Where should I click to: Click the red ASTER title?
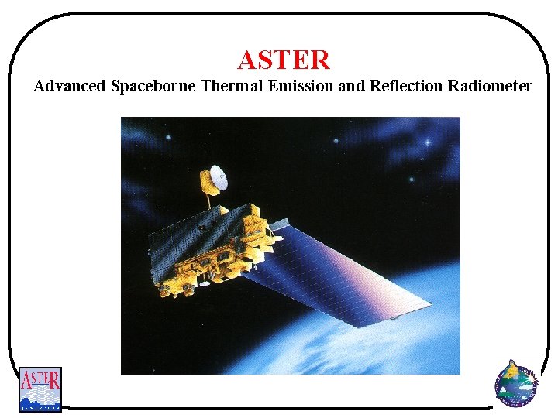click(284, 60)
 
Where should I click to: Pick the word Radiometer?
click(490, 86)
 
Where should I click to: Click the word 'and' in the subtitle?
click(351, 86)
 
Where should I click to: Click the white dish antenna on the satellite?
click(215, 180)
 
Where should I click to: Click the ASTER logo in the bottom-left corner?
click(40, 389)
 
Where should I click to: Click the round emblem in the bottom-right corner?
click(515, 383)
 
